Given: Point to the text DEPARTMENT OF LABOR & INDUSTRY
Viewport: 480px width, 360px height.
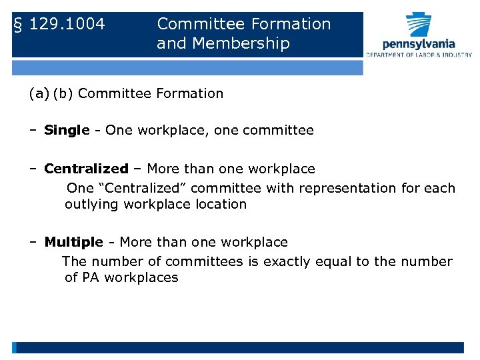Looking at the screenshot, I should click(419, 55).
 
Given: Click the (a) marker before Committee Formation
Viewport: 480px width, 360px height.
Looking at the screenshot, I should click(39, 93).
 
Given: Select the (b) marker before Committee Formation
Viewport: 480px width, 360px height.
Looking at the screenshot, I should click(63, 93).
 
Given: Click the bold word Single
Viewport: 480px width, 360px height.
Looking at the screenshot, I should click(67, 131).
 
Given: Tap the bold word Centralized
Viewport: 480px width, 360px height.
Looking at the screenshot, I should click(86, 169).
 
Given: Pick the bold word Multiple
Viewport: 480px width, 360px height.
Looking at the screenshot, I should click(73, 242).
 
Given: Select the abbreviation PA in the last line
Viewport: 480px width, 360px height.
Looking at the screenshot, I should click(91, 277).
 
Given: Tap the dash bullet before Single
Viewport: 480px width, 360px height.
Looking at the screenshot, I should click(33, 131).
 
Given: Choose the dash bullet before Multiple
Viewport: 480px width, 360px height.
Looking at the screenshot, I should click(33, 242).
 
